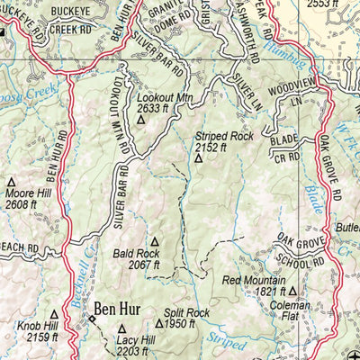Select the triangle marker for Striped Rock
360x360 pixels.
coord(200,157)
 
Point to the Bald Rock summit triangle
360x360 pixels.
coord(154,241)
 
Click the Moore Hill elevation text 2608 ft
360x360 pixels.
coord(21,204)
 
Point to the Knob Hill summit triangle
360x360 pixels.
coord(53,313)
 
